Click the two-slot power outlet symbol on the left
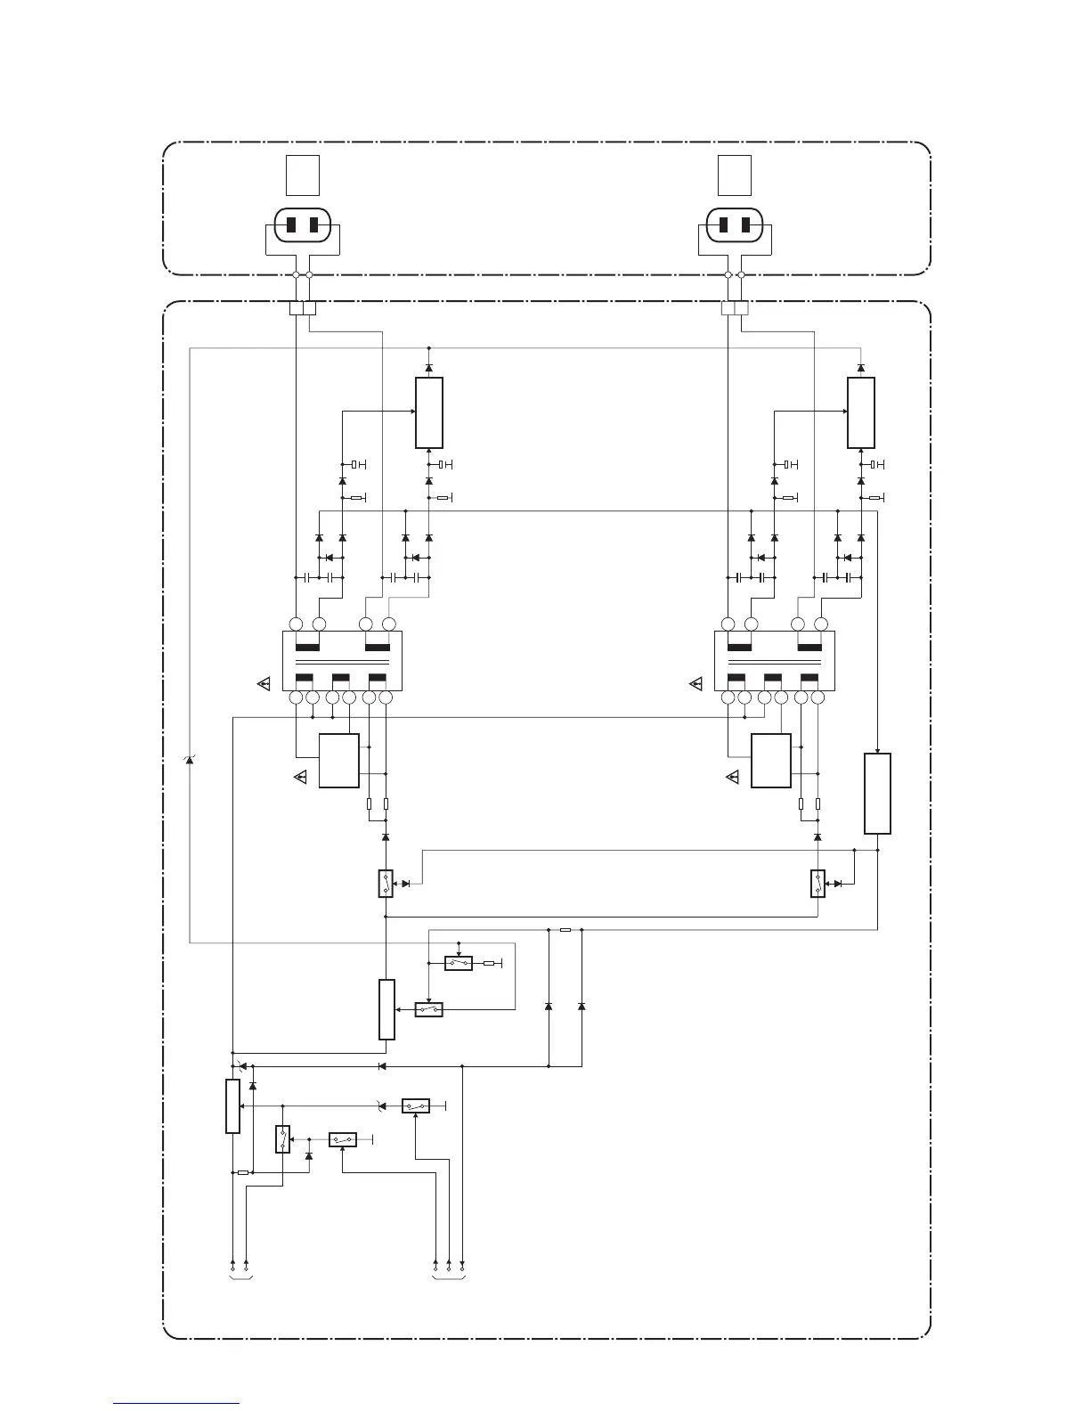[303, 224]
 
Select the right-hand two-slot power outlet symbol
[736, 224]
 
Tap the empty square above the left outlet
[303, 175]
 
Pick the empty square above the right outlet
[736, 175]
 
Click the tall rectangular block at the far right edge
[877, 793]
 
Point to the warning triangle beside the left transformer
[264, 684]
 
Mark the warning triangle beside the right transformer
[696, 684]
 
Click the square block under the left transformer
[339, 761]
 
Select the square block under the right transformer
[771, 761]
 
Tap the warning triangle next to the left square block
[300, 778]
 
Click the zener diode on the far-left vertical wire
[190, 759]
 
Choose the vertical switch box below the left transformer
[386, 883]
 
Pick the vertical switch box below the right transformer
[817, 883]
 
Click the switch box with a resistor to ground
[459, 963]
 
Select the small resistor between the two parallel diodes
[565, 929]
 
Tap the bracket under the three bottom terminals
[448, 1278]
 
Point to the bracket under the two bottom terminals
[240, 1278]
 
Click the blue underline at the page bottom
[176, 1403]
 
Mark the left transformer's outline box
[342, 660]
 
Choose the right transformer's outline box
[775, 660]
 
